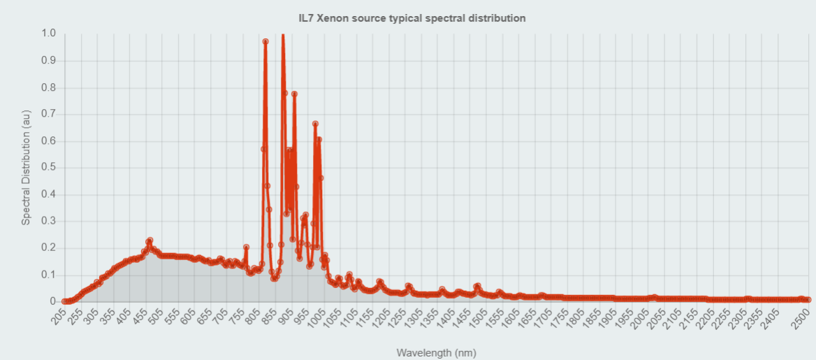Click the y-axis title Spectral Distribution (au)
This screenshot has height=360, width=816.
coord(26,167)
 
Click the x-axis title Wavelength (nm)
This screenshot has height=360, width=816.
coord(436,352)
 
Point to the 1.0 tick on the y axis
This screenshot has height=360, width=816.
coord(49,34)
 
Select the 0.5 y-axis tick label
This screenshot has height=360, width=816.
coord(49,168)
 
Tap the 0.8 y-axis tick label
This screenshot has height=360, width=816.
coord(49,87)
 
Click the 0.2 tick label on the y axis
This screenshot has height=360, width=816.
coord(49,248)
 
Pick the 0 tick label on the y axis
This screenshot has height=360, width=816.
coord(52,301)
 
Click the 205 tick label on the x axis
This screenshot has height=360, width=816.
coord(59,317)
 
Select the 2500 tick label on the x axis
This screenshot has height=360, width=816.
coord(799,319)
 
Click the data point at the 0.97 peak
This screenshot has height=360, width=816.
coord(265,42)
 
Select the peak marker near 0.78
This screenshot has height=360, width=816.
coord(294,94)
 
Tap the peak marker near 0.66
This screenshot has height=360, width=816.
coord(315,124)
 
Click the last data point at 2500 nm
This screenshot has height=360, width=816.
coord(808,300)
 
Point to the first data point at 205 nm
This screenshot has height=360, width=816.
coord(64,301)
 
